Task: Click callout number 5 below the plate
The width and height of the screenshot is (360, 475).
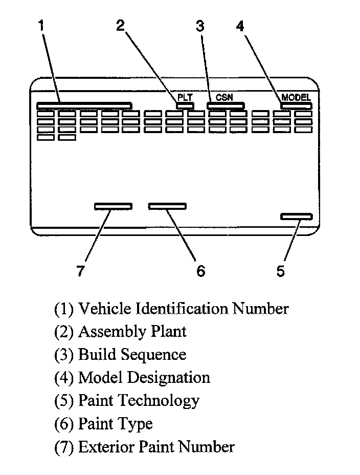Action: [281, 271]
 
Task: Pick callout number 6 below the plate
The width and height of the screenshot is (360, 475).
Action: [200, 271]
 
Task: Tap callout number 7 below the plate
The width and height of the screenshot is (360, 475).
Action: [80, 271]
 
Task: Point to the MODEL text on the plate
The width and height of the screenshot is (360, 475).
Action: [296, 97]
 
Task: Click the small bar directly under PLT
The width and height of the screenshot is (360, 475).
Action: [185, 105]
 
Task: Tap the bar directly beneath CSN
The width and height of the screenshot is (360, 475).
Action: [225, 105]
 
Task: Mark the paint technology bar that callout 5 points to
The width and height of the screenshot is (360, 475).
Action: [296, 217]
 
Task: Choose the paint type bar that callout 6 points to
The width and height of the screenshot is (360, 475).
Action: [167, 206]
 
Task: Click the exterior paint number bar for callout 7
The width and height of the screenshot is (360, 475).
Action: [113, 206]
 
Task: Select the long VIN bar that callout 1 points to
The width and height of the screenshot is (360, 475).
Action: [84, 105]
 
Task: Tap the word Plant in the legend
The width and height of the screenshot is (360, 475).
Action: [168, 332]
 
